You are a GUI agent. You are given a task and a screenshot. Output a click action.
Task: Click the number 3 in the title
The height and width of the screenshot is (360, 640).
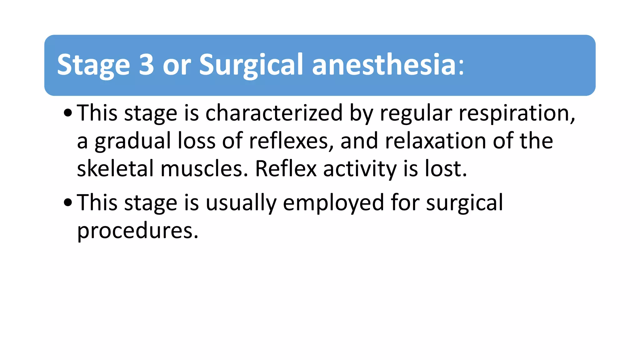(146, 65)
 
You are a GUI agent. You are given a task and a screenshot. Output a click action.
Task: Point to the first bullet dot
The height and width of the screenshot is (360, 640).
(67, 113)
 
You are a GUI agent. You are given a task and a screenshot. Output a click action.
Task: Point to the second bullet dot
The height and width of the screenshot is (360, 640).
(67, 202)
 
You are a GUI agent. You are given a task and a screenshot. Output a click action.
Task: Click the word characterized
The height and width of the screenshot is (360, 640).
(274, 113)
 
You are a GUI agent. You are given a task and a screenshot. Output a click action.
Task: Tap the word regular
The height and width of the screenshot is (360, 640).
(416, 113)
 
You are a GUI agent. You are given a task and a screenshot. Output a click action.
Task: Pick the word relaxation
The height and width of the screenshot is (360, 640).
(435, 141)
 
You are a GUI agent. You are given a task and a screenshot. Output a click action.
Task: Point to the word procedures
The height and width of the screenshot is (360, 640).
(137, 231)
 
